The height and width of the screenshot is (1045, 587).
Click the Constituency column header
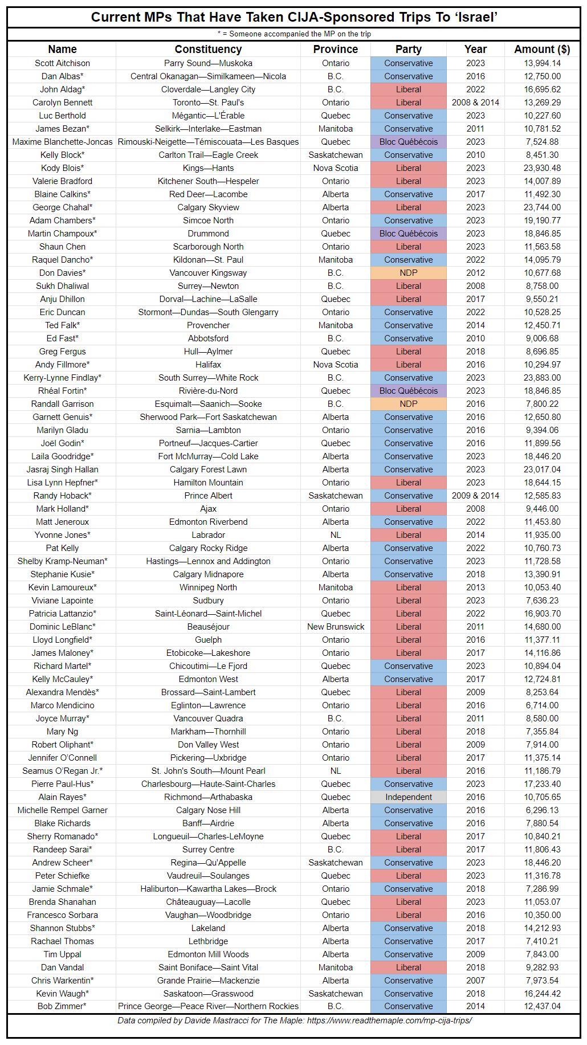point(208,50)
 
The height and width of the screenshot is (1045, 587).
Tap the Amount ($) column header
point(542,50)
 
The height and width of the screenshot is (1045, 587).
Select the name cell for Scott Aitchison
point(62,63)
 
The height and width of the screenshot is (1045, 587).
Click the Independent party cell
point(409,797)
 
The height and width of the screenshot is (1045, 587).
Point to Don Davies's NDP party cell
point(409,273)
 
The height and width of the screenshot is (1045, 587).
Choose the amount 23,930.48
point(542,168)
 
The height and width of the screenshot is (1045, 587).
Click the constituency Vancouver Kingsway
point(208,273)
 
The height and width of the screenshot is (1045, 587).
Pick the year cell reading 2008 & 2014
point(475,103)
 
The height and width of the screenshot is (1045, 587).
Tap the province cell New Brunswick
point(336,627)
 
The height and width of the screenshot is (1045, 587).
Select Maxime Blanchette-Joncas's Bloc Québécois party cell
point(409,142)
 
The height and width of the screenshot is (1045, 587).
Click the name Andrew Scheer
point(62,863)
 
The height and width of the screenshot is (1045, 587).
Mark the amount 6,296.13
point(542,810)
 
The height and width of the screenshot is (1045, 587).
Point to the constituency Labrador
point(208,535)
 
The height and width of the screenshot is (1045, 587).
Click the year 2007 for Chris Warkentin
point(475,981)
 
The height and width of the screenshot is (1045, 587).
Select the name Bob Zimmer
point(62,1006)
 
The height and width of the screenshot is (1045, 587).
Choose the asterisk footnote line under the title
point(294,34)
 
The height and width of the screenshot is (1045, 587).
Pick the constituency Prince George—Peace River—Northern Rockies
point(208,1006)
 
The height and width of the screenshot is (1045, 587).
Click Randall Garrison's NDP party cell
point(409,404)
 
